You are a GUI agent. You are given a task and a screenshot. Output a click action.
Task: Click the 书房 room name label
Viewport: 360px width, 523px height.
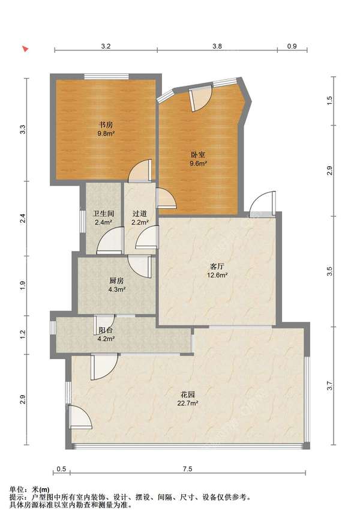click(106, 125)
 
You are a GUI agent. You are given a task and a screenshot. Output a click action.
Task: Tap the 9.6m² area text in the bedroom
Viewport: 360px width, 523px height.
click(199, 163)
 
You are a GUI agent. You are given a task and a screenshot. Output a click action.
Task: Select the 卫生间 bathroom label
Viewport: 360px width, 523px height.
click(103, 214)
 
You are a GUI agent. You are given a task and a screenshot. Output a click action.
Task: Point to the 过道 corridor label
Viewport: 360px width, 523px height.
click(140, 214)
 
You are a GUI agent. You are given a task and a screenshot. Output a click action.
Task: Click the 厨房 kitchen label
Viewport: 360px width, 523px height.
click(116, 281)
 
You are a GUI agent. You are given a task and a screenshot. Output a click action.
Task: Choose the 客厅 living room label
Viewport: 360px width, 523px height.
click(217, 267)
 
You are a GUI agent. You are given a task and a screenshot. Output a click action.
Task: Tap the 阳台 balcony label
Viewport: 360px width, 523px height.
click(106, 330)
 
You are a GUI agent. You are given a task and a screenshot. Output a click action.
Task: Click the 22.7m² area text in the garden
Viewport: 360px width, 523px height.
click(188, 403)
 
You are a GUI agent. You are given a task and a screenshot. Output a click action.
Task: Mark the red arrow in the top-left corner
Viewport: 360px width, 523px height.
click(25, 49)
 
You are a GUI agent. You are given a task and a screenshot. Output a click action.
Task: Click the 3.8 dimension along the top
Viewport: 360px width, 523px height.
click(217, 46)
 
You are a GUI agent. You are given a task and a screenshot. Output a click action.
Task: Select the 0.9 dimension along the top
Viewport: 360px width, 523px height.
click(292, 46)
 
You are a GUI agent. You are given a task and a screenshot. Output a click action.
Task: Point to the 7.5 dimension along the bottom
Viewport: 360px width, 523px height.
click(188, 469)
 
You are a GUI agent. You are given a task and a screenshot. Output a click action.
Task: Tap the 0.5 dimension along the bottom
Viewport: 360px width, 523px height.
click(61, 469)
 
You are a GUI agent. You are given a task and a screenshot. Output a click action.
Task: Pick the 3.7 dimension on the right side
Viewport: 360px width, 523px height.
click(329, 386)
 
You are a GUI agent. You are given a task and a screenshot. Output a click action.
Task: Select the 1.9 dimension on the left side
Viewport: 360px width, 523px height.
click(23, 286)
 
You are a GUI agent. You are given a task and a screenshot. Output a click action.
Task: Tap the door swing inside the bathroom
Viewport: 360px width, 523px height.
click(110, 241)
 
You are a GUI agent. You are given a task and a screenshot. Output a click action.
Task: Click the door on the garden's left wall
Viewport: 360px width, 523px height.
click(80, 416)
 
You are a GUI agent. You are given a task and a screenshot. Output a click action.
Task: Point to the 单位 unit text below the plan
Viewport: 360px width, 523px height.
click(17, 489)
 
